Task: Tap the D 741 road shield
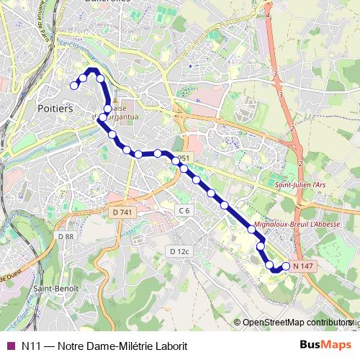click(x=123, y=212)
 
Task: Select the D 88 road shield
click(x=66, y=236)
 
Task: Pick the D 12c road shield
click(x=179, y=251)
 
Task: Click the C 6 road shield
click(x=184, y=210)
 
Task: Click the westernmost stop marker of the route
click(x=73, y=86)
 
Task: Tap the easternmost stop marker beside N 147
click(x=286, y=266)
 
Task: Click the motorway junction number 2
click(x=300, y=163)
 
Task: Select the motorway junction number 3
click(x=275, y=74)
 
